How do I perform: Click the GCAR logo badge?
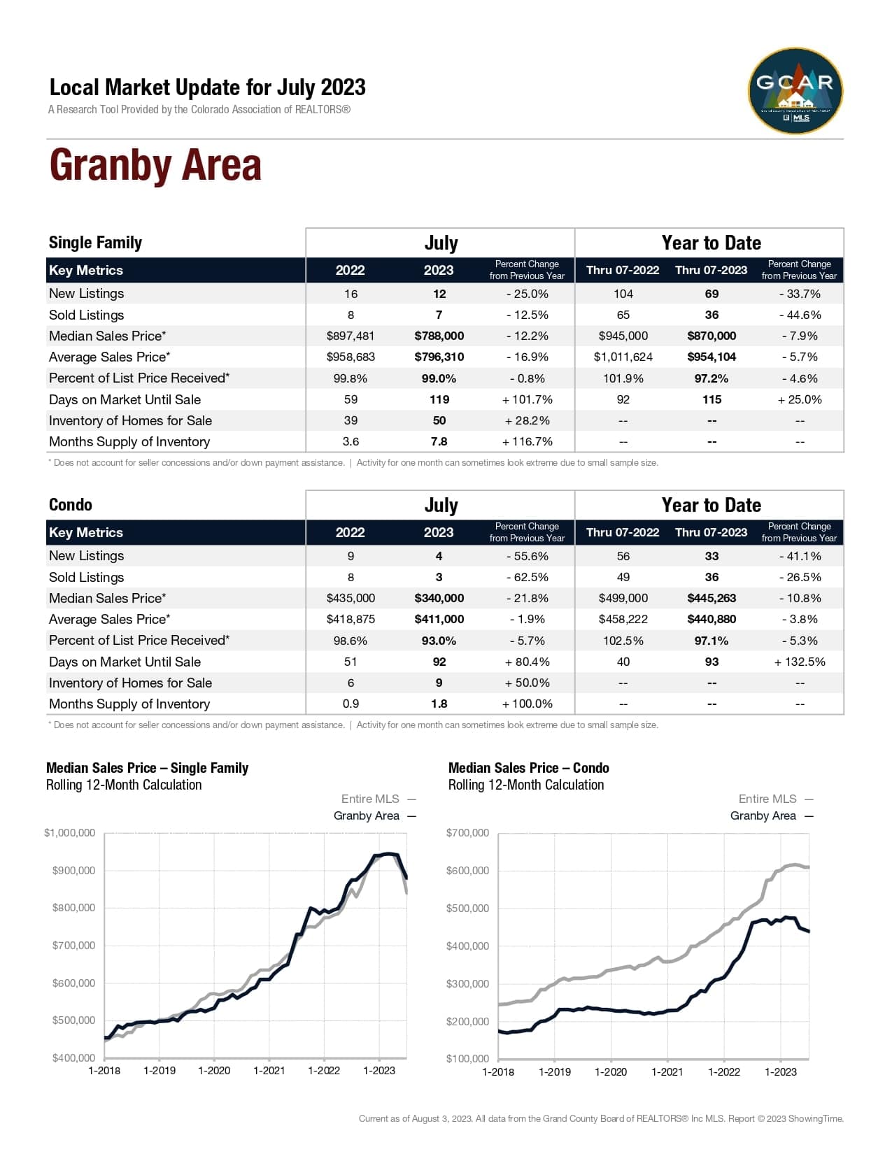click(x=795, y=90)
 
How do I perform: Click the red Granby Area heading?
click(x=155, y=166)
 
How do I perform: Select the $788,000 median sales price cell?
click(x=439, y=336)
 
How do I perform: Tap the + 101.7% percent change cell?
click(x=527, y=399)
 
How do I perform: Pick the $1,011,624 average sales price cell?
click(x=623, y=357)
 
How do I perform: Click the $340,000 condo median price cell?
click(x=439, y=598)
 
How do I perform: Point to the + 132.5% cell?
click(x=799, y=662)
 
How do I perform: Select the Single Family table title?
click(x=95, y=243)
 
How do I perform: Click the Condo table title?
click(x=70, y=505)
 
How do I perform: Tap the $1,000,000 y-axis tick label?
click(x=69, y=832)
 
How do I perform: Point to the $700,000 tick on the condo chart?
click(x=467, y=832)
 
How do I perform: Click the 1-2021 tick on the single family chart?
click(x=269, y=1070)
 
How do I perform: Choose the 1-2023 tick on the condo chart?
click(x=780, y=1071)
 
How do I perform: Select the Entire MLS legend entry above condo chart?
click(x=767, y=799)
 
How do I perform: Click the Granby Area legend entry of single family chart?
click(x=367, y=815)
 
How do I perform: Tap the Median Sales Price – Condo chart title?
click(x=528, y=768)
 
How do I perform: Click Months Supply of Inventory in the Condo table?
click(x=129, y=704)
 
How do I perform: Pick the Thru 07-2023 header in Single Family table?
click(x=711, y=270)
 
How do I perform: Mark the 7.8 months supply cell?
click(x=439, y=441)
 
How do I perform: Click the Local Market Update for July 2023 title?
click(x=207, y=87)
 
